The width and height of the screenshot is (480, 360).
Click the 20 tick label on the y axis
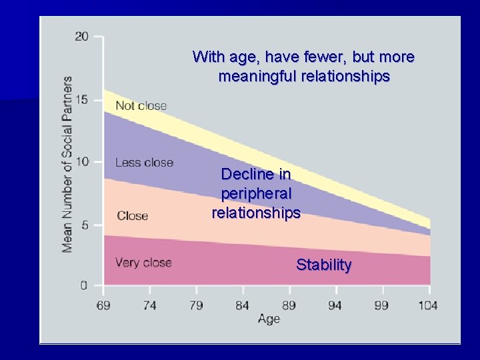(81, 37)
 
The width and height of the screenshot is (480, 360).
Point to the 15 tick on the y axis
(81, 100)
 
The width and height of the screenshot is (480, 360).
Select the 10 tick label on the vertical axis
(81, 162)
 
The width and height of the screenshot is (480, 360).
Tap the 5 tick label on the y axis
(84, 225)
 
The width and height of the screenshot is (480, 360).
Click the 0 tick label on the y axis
(84, 286)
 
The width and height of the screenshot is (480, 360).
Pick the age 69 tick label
(103, 305)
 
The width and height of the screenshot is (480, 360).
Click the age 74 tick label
(149, 305)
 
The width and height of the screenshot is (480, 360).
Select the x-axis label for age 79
(196, 305)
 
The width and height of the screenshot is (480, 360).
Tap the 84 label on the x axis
(243, 305)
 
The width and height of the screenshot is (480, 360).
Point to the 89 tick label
(289, 305)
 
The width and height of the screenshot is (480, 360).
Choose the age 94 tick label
(336, 305)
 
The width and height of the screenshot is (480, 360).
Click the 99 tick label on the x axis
(383, 305)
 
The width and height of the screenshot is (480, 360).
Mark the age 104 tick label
(429, 305)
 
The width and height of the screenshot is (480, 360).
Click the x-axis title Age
(269, 319)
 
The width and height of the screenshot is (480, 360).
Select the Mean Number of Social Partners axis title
(67, 164)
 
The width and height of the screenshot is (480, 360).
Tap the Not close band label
(141, 106)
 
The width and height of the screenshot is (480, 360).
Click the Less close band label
(144, 163)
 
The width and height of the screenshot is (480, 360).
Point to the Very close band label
(143, 263)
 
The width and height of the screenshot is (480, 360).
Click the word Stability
(324, 265)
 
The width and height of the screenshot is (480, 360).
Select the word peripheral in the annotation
(256, 194)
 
